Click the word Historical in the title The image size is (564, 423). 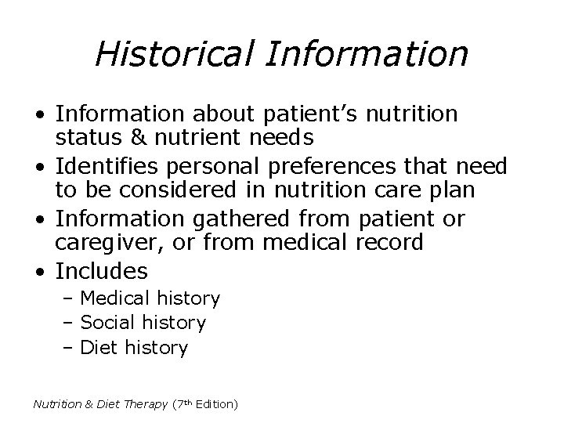[x=175, y=54]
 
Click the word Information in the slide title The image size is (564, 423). [x=368, y=54]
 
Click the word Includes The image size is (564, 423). [x=102, y=271]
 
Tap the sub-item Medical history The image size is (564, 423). [x=150, y=298]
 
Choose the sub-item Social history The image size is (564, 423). [x=143, y=322]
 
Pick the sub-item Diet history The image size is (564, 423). [x=134, y=346]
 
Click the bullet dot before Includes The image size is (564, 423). [x=40, y=272]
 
